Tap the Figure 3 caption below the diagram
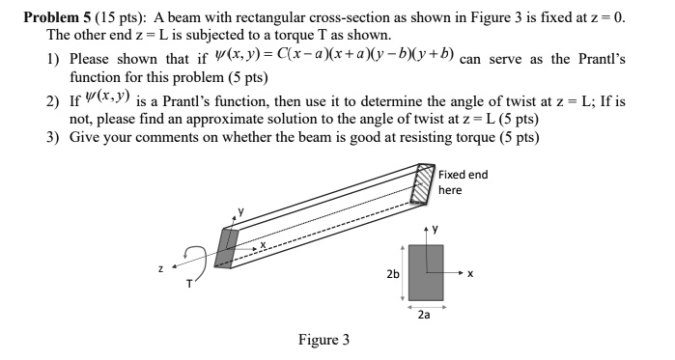324,340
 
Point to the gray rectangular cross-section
425,272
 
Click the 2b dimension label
392,274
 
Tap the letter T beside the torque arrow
190,284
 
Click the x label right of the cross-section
470,274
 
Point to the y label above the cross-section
436,230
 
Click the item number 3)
54,138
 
